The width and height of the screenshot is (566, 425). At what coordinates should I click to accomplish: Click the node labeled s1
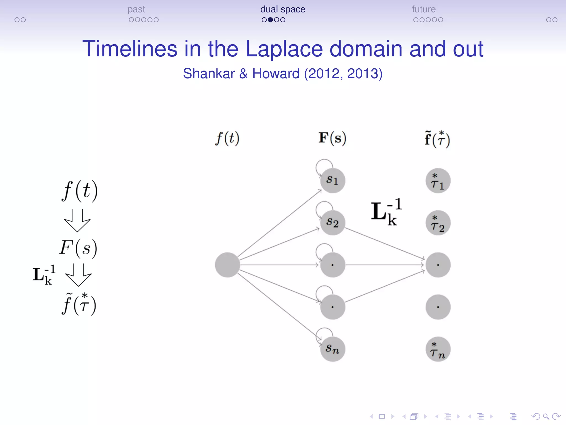tap(332, 180)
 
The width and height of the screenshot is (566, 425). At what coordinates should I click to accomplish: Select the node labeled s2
tap(332, 223)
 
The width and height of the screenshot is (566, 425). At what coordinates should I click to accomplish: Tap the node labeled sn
tap(332, 349)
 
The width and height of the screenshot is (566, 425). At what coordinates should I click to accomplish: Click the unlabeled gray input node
tap(227, 265)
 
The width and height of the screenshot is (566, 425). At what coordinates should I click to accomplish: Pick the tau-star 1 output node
tap(438, 181)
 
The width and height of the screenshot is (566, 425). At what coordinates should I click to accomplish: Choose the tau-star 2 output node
tap(438, 223)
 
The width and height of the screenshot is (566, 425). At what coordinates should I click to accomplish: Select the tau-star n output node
tap(438, 349)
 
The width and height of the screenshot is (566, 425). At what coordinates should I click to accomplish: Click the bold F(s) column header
tap(332, 138)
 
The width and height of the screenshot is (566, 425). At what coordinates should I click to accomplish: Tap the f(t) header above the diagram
tap(227, 138)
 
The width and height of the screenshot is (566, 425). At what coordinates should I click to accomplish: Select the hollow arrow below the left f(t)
tap(77, 221)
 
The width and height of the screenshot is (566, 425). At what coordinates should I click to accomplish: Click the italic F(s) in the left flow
tap(78, 248)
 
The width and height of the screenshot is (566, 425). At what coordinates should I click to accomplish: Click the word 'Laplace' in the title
tap(284, 49)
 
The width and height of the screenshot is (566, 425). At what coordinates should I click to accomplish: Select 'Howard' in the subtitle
tap(276, 74)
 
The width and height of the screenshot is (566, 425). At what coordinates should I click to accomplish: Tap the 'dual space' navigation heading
tap(282, 9)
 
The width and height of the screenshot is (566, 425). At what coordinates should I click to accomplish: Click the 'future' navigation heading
tap(424, 9)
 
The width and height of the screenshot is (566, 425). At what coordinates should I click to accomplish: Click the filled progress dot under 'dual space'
tap(270, 20)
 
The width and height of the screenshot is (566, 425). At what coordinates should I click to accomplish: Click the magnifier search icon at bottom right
tap(546, 416)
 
